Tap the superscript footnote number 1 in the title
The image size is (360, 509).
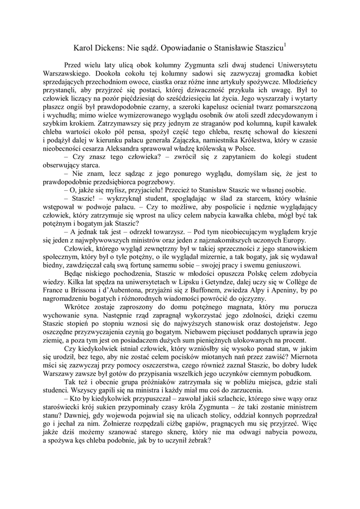(x=284, y=46)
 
